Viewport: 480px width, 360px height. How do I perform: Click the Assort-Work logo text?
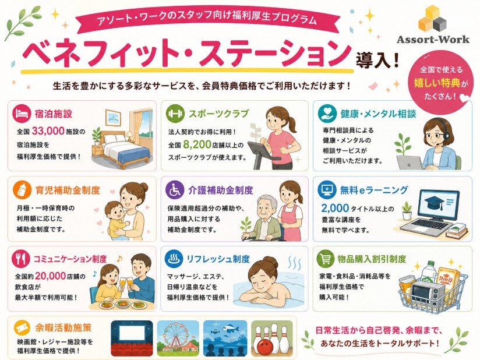pos(433,39)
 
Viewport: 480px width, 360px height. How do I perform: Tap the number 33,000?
pos(48,131)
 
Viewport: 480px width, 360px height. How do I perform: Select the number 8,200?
pos(197,144)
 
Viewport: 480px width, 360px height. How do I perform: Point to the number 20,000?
pos(51,276)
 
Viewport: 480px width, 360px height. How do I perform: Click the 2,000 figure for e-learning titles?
pos(335,208)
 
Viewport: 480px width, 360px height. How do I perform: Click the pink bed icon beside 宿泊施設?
pos(22,113)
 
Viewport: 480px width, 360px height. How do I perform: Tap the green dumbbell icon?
pos(175,114)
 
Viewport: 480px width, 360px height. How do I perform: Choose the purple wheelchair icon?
pos(175,189)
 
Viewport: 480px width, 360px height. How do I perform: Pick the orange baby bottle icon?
pos(22,189)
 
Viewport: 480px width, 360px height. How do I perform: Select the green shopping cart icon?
pos(326,259)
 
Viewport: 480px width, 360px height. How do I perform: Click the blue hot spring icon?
pos(174,259)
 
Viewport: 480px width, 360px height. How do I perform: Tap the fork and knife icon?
pos(21,259)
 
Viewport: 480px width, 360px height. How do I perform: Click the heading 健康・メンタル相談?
pos(379,114)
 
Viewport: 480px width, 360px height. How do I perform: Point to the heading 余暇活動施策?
pos(63,328)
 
